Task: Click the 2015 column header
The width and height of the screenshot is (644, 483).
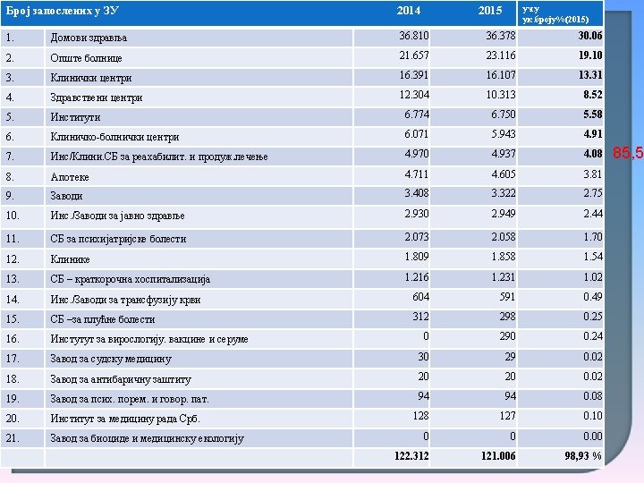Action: [490, 11]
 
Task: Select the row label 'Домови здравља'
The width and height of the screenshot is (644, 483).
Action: [89, 38]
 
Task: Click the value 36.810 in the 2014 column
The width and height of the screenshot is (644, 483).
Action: [414, 35]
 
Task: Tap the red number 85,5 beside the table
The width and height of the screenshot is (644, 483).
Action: [628, 154]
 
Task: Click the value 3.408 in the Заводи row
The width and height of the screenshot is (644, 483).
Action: [417, 193]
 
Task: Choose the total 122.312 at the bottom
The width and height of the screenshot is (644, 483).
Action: [411, 456]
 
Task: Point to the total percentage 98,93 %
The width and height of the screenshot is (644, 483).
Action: [582, 456]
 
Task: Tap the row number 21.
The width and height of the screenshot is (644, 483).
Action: [12, 437]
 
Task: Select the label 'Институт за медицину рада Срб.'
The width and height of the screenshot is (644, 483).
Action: [125, 419]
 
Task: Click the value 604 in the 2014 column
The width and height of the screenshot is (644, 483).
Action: [420, 297]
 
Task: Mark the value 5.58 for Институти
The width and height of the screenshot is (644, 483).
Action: [592, 114]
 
